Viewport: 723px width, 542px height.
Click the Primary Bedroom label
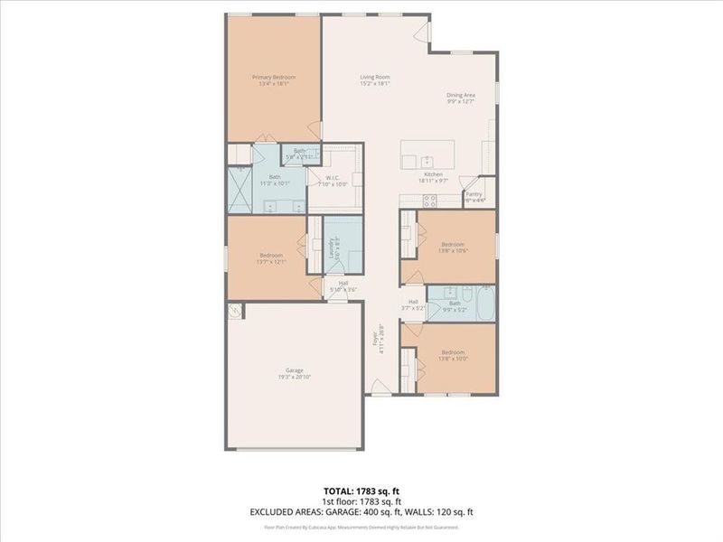(x=273, y=78)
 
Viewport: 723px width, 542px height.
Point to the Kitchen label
(x=434, y=173)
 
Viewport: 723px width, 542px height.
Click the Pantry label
(x=474, y=193)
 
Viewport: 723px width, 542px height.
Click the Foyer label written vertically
(x=374, y=341)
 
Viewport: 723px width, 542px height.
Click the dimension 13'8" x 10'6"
(x=453, y=252)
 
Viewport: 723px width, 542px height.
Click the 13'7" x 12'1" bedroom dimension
(x=271, y=263)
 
